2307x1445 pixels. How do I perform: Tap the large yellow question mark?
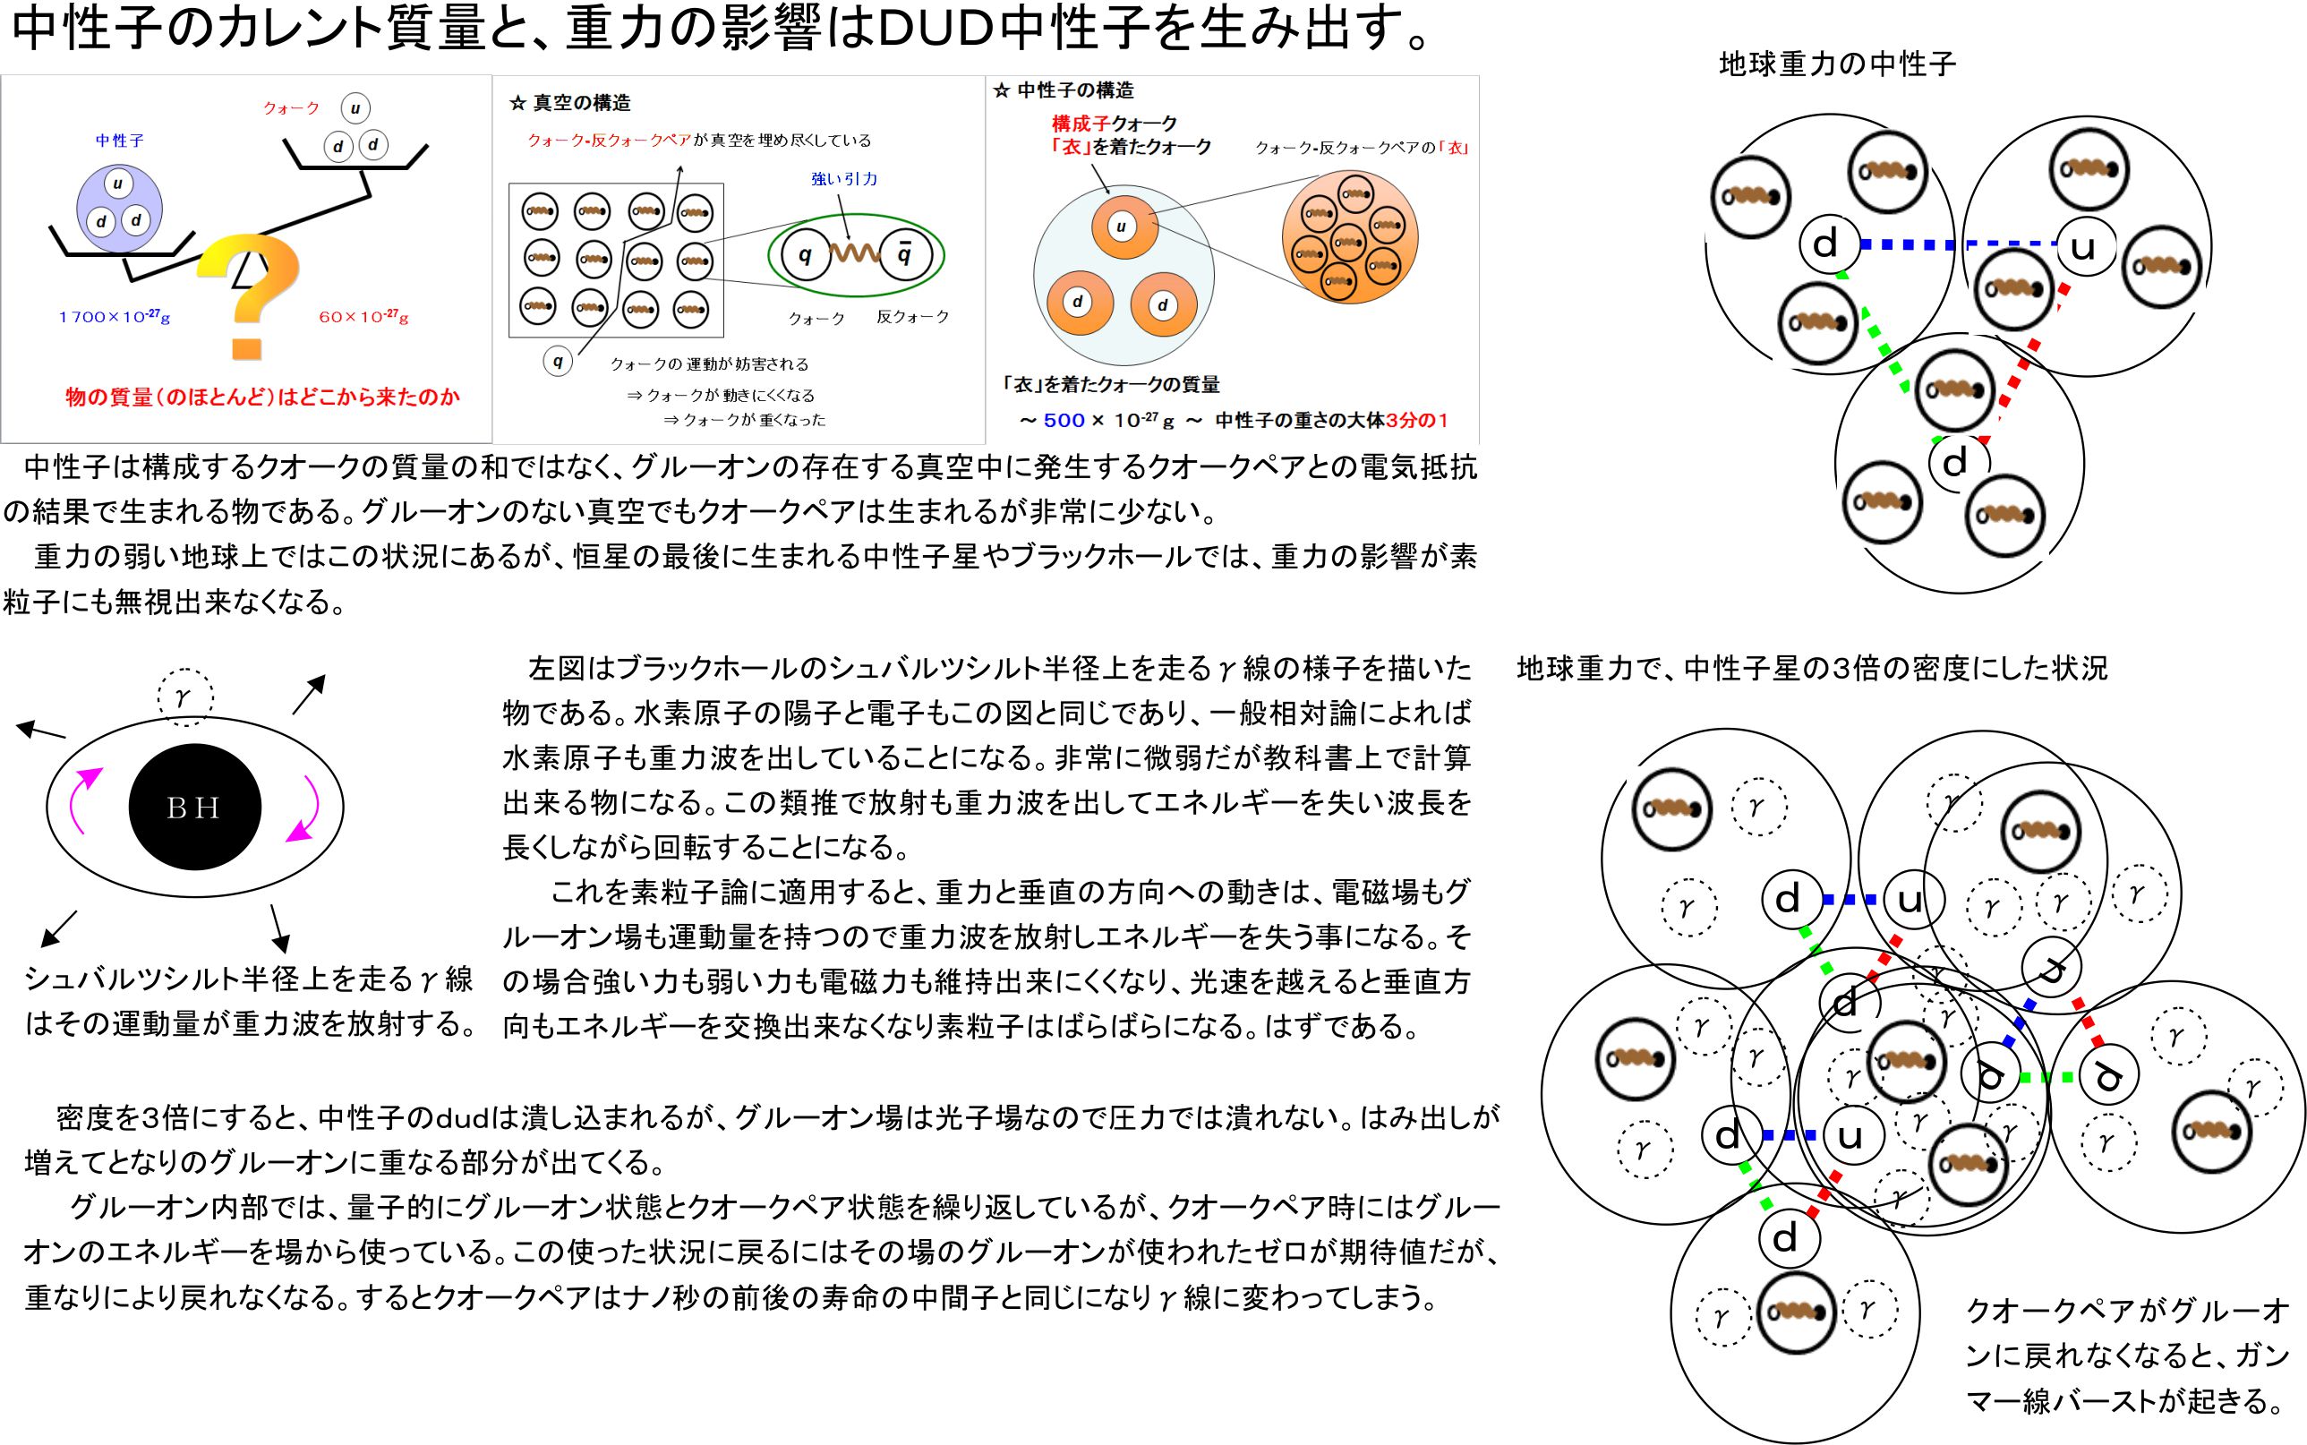(x=251, y=292)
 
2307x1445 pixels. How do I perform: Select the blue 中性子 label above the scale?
(x=119, y=141)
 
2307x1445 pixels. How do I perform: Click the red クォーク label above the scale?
(x=292, y=108)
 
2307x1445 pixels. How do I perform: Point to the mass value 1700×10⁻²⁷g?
(x=114, y=316)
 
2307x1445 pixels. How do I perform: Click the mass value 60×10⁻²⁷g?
(x=363, y=316)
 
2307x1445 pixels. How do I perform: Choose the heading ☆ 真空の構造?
(x=569, y=102)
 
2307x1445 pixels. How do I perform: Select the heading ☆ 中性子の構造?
(x=1064, y=90)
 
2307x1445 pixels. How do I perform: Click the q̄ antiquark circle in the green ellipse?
(x=903, y=254)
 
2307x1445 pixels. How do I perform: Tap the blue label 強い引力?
(x=844, y=179)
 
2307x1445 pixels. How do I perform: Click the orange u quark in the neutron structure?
(x=1122, y=227)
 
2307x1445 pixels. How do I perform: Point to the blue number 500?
(x=1064, y=421)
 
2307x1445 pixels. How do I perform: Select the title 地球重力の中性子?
(x=1837, y=64)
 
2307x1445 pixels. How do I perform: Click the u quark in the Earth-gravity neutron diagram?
(x=2082, y=247)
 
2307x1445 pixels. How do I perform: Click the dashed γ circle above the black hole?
(x=184, y=696)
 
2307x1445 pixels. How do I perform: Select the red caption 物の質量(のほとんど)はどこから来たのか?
(x=263, y=397)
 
